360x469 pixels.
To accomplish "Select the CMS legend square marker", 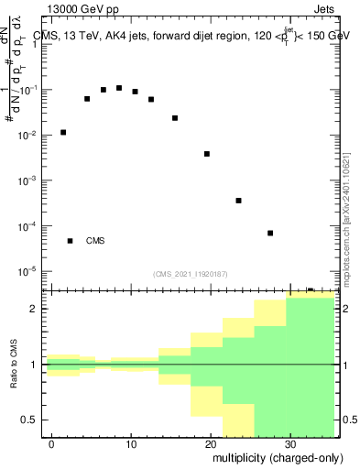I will tap(70, 241).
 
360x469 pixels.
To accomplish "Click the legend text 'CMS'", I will tap(95, 241).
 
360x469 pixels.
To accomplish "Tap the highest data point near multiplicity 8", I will tap(119, 88).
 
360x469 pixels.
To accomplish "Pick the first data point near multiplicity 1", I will tap(63, 132).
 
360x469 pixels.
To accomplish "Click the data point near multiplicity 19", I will tap(207, 154).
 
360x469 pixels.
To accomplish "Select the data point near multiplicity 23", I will tap(238, 201).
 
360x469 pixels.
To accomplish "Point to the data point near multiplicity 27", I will tap(270, 233).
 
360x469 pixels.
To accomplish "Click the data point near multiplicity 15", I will tap(175, 118).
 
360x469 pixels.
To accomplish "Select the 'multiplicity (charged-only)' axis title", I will tap(273, 458).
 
